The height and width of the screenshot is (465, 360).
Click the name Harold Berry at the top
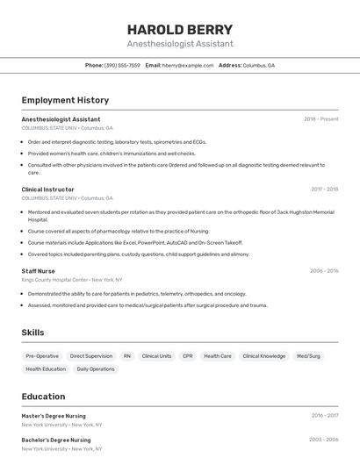click(180, 30)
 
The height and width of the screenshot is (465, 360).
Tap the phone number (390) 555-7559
click(122, 65)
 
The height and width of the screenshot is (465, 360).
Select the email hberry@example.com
click(188, 65)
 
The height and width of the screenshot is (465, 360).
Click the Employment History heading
click(65, 100)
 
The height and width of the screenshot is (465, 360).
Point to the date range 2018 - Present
click(320, 119)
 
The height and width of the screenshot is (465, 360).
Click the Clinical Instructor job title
click(47, 190)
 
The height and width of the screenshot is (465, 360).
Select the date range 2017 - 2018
click(324, 190)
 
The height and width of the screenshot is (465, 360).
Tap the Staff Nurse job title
click(38, 271)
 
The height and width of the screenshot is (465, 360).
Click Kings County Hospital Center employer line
click(72, 280)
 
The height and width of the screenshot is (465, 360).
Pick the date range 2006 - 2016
click(324, 271)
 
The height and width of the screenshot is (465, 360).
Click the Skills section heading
click(32, 333)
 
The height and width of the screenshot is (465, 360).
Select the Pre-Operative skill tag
click(42, 356)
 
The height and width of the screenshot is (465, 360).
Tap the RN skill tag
click(127, 356)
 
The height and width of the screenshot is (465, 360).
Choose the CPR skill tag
click(187, 356)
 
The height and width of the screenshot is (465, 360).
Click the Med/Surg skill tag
click(308, 356)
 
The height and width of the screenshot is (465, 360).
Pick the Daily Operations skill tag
click(96, 369)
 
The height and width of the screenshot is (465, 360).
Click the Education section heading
click(43, 397)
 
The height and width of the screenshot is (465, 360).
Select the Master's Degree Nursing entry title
click(54, 416)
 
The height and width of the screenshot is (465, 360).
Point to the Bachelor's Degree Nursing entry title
click(56, 440)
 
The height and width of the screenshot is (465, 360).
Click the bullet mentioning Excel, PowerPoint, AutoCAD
click(134, 243)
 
